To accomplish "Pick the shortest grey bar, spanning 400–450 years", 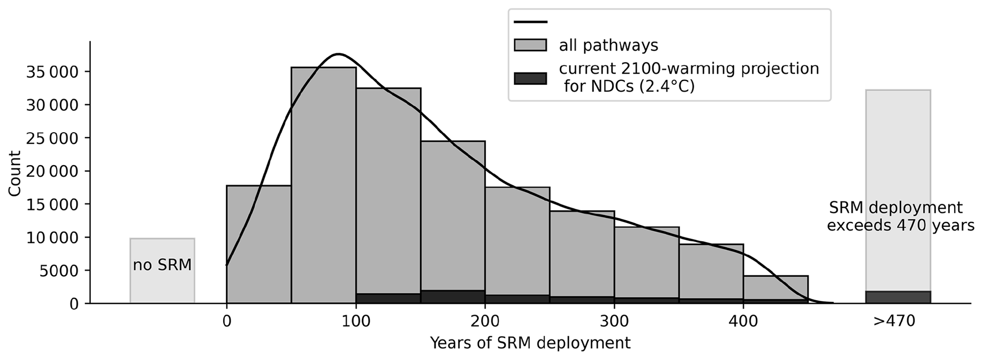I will (x=776, y=287).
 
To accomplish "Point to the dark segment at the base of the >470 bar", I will (x=897, y=297).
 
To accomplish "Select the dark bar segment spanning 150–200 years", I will (x=453, y=297).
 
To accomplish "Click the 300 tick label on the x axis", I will (x=614, y=321).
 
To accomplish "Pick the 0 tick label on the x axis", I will (x=226, y=321).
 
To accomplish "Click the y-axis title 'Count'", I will (x=15, y=173).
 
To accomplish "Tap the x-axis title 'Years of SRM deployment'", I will (x=530, y=343).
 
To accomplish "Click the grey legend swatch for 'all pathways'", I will (x=530, y=46).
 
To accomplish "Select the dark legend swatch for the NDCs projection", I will (x=530, y=78).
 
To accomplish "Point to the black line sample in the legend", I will (x=530, y=22).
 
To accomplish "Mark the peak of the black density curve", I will (x=338, y=54).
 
